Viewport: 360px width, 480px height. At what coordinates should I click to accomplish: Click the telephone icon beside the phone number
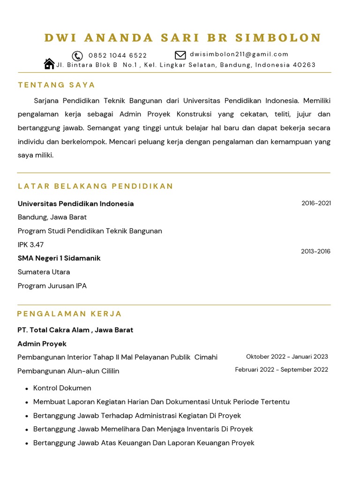[77, 56]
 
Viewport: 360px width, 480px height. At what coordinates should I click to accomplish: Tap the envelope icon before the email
[180, 55]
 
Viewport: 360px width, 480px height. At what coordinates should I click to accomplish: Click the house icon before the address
[49, 64]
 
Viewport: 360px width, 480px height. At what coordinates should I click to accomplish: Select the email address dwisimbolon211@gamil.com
[239, 54]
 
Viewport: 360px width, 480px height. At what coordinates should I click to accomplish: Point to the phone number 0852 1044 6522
[118, 56]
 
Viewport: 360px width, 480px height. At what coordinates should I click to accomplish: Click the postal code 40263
[304, 65]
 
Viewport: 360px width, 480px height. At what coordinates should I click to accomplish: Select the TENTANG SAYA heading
[57, 85]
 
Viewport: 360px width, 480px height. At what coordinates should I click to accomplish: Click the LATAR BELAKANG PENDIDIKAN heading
[96, 186]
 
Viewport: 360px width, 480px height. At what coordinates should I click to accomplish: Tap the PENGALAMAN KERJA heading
[69, 314]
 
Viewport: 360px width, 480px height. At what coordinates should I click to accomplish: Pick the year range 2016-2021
[316, 203]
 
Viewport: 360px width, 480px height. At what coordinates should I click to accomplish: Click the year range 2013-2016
[315, 251]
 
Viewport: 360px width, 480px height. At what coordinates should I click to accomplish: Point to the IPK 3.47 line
[30, 245]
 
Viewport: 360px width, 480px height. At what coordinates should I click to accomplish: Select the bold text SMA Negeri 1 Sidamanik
[59, 258]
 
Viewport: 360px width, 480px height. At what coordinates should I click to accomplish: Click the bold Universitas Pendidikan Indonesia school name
[75, 203]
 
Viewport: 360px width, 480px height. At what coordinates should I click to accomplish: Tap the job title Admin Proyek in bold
[42, 344]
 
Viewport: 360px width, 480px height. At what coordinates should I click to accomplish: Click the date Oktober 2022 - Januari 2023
[287, 357]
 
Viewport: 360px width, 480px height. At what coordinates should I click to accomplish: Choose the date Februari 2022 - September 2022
[281, 370]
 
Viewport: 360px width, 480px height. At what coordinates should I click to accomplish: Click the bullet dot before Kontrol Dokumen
[24, 389]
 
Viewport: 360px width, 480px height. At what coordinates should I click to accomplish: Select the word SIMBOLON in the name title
[278, 38]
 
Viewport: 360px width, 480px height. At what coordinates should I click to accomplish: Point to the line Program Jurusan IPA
[52, 286]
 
